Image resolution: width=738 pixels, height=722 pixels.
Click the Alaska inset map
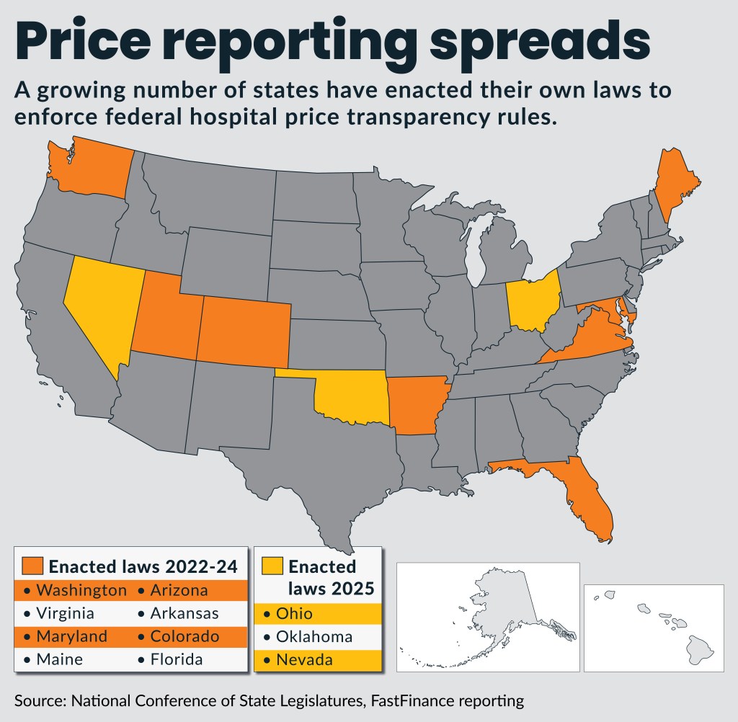[488, 616]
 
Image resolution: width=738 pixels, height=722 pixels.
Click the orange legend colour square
[33, 566]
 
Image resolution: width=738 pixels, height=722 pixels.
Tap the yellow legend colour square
[273, 566]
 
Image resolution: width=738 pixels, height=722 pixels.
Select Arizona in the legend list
[179, 591]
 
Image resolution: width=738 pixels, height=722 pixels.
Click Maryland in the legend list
[71, 637]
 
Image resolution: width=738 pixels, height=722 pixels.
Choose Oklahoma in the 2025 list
[314, 637]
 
